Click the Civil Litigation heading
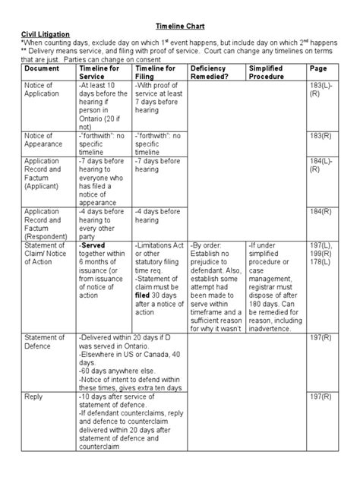(43, 34)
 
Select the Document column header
(41, 68)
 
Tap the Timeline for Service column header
(98, 72)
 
